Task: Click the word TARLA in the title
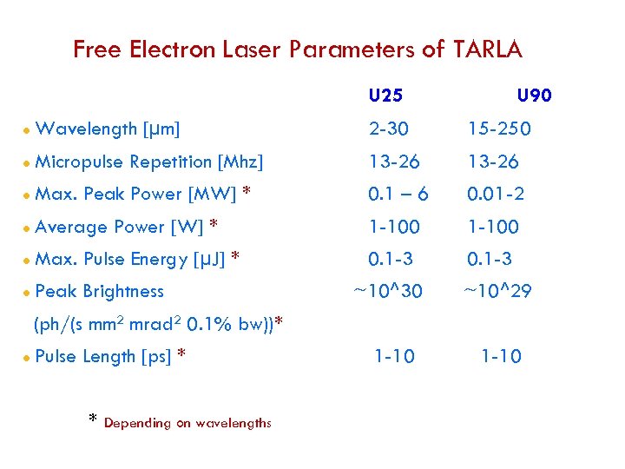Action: coord(488,50)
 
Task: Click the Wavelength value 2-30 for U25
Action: coord(389,129)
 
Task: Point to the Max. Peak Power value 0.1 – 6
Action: coord(398,194)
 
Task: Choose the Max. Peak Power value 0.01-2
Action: coord(496,194)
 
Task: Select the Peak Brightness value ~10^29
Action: coord(496,292)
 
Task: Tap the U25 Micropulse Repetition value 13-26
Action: coord(393,162)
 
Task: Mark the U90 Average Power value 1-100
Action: coord(493,227)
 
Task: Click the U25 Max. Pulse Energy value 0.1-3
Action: coord(391,259)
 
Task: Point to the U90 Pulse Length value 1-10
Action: coord(501,356)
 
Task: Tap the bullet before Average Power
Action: coord(28,228)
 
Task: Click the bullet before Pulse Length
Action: coord(28,357)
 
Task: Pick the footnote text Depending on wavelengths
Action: coord(187,423)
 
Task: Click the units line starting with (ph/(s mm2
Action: coord(159,325)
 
